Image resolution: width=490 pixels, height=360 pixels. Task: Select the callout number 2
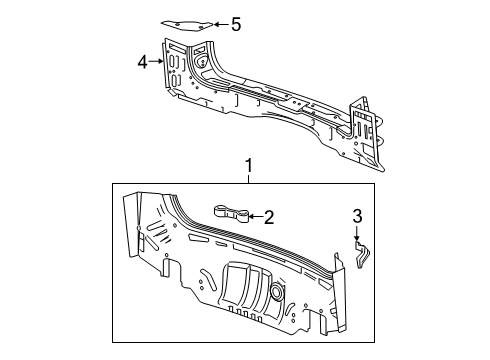pyautogui.click(x=269, y=214)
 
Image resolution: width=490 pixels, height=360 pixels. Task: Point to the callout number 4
pyautogui.click(x=143, y=63)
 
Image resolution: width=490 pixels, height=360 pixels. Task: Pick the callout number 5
pyautogui.click(x=236, y=24)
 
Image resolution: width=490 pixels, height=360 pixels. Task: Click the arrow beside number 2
pyautogui.click(x=254, y=214)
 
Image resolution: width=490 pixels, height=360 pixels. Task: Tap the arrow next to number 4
pyautogui.click(x=158, y=63)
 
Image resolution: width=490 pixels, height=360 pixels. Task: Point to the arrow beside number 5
pyautogui.click(x=221, y=24)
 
